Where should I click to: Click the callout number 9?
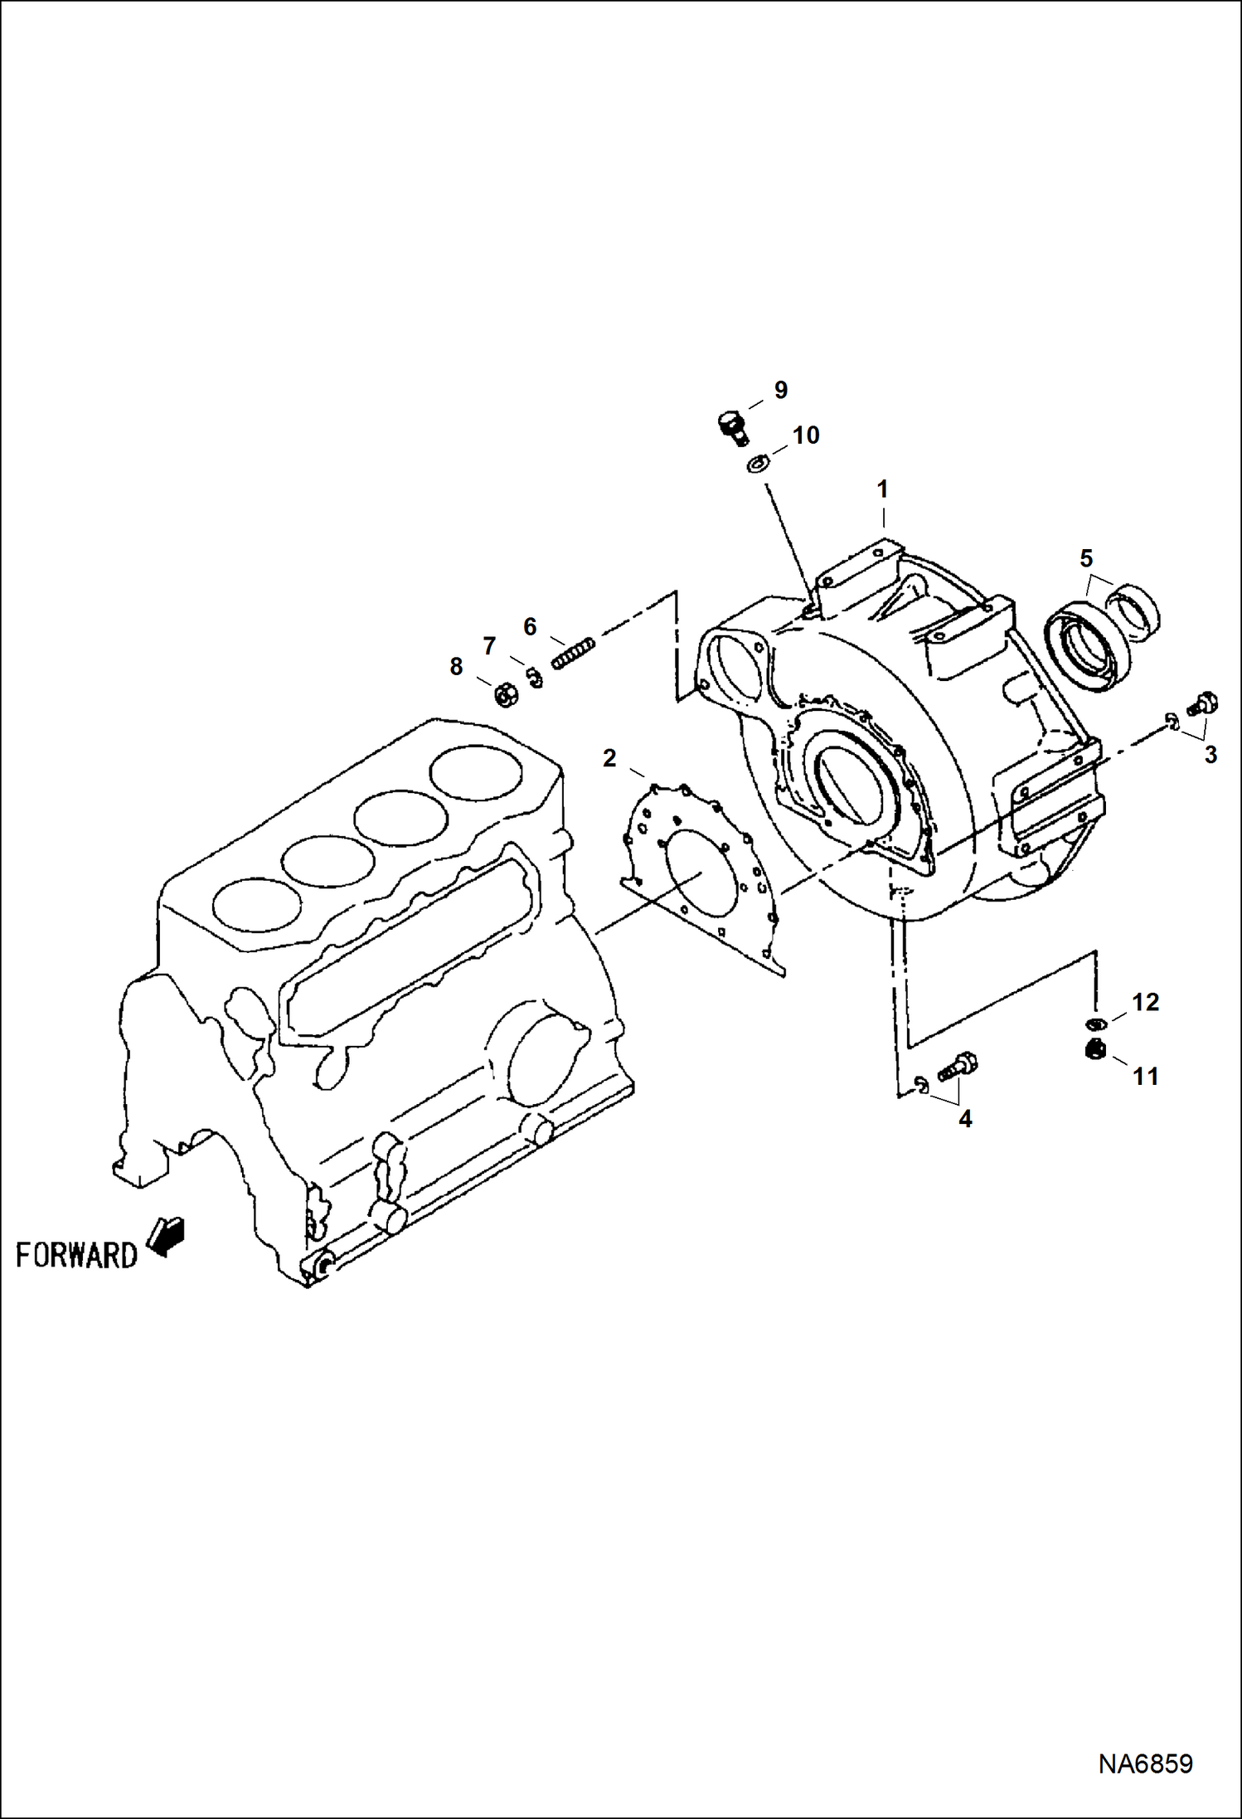780,390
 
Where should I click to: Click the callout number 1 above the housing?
883,489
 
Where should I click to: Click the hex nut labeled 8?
505,696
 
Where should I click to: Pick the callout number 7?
489,645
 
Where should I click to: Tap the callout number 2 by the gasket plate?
609,758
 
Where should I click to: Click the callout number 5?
1086,558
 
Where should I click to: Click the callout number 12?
1145,1002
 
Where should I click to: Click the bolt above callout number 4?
958,1067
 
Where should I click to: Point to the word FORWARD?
76,1255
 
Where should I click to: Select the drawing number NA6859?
1145,1763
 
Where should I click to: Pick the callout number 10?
806,435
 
